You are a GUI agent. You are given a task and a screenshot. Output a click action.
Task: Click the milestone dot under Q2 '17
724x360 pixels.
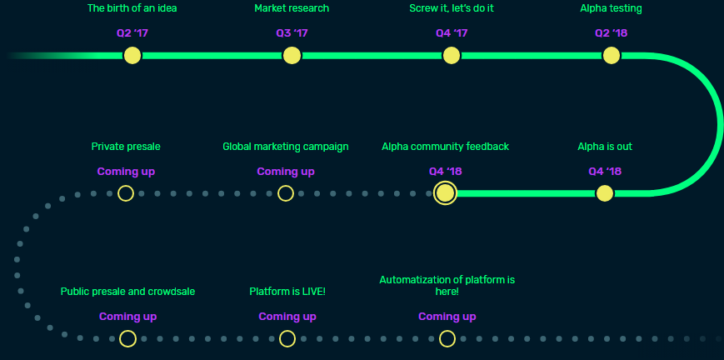[x=132, y=56]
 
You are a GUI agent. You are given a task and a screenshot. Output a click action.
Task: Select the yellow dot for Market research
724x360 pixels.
[x=292, y=56]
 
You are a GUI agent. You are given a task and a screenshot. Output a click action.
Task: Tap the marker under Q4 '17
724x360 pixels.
[x=452, y=56]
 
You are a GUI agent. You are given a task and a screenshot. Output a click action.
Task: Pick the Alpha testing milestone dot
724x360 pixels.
[x=611, y=56]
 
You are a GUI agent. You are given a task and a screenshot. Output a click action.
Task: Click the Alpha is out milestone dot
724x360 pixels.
[x=605, y=193]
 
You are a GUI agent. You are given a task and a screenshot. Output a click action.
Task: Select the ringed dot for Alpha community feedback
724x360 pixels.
[x=446, y=193]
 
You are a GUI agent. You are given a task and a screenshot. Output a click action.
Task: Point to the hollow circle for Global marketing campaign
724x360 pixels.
[x=286, y=193]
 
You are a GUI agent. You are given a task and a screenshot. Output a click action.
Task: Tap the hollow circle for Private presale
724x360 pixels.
[x=126, y=193]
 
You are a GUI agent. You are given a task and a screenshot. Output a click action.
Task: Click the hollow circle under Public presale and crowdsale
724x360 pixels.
[x=127, y=338]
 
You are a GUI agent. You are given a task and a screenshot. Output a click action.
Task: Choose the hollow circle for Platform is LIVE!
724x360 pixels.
[x=287, y=338]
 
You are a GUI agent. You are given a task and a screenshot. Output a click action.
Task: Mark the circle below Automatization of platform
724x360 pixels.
[x=447, y=338]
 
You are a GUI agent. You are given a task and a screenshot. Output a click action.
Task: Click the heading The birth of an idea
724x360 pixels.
[x=132, y=8]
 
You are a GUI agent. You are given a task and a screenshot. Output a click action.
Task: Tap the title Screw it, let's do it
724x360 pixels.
[x=452, y=8]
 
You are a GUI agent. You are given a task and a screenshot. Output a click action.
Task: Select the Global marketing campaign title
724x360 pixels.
[x=286, y=147]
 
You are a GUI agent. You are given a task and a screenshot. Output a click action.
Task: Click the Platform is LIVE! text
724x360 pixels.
[x=287, y=292]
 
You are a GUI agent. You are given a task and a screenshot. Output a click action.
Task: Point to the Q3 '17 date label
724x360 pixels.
[x=292, y=33]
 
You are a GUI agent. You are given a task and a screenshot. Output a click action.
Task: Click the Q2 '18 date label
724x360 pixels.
[x=611, y=33]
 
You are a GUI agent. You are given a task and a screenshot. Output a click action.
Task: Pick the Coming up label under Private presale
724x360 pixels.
[x=126, y=172]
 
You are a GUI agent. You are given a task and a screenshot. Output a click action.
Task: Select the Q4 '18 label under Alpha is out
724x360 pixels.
[x=605, y=172]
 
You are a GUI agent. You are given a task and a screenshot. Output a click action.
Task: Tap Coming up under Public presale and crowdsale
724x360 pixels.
[x=127, y=317]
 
